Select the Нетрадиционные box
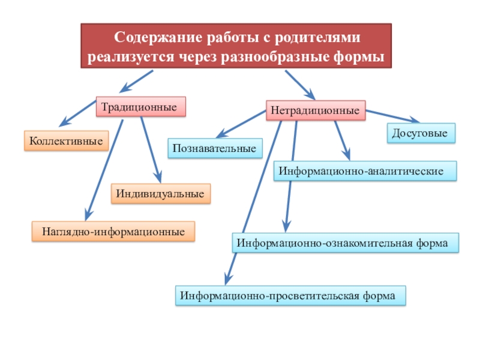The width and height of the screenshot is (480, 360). [315, 111]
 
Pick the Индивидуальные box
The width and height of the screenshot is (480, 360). [161, 194]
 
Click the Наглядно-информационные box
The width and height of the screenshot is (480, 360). [113, 231]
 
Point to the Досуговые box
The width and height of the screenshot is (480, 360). [420, 133]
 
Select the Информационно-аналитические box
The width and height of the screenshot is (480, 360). [365, 171]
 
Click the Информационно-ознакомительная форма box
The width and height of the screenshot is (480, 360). [346, 244]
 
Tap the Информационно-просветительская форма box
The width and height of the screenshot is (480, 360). [290, 296]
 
